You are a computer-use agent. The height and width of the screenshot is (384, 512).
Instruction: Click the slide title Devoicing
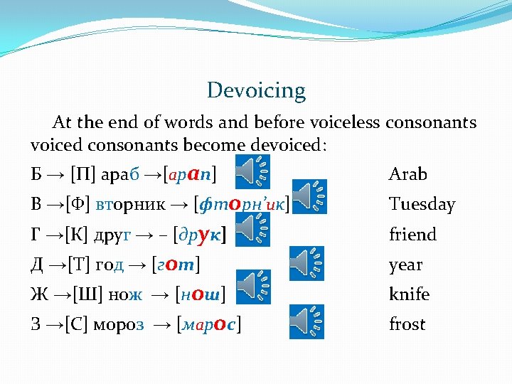tap(256, 91)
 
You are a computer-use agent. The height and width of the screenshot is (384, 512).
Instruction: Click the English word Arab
tap(408, 174)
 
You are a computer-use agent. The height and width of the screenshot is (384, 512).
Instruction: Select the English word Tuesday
tap(422, 205)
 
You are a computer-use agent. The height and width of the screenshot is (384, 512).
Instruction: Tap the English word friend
tap(412, 235)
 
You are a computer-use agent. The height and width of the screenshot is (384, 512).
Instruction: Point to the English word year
tap(405, 265)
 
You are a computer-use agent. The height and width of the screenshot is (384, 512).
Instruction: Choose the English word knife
tap(409, 294)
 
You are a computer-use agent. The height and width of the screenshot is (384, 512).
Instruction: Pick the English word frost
tap(407, 324)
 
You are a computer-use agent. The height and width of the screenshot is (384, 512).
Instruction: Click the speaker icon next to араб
tap(252, 171)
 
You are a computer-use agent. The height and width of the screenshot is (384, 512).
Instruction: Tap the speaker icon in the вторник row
tap(310, 196)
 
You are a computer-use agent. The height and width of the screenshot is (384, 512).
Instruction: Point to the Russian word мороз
tap(119, 325)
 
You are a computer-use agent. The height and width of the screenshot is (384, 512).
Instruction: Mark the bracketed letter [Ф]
tap(77, 205)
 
